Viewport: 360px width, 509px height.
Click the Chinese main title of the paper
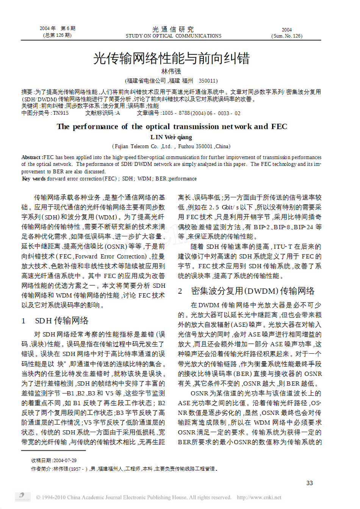[171, 58]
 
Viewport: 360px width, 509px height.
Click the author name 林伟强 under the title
[171, 72]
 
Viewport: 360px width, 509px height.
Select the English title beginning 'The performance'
[172, 126]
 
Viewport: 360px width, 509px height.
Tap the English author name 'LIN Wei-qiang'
[171, 137]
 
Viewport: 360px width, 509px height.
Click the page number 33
[310, 483]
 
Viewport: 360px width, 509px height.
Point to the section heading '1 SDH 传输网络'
[55, 321]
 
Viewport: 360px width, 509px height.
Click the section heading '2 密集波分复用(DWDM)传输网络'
[246, 291]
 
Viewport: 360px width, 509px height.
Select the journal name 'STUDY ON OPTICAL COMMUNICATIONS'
[174, 36]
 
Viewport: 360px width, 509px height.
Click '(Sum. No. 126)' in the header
[287, 36]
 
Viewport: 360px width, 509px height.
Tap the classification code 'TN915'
[61, 113]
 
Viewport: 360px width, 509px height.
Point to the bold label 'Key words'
[34, 179]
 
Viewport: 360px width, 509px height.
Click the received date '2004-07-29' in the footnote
[65, 461]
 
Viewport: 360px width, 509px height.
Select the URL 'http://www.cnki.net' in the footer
[259, 497]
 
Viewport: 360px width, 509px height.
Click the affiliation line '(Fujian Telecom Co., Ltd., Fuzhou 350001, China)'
[171, 147]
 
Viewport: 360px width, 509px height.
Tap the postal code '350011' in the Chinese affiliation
[208, 81]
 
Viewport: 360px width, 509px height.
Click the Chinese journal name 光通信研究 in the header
[173, 29]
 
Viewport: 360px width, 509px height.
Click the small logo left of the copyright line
[22, 496]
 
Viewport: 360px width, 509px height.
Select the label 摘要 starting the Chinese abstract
[27, 92]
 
